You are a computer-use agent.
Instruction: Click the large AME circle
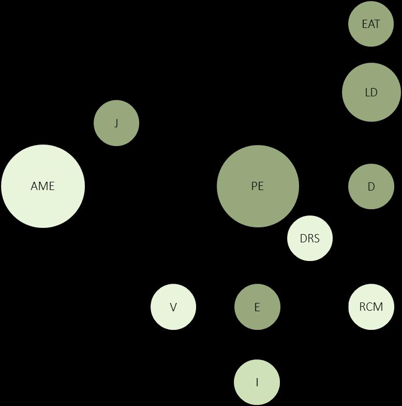coord(43,186)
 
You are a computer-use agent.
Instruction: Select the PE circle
coord(258,186)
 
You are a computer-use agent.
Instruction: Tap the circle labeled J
coord(116,123)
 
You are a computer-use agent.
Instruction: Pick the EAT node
coord(371,24)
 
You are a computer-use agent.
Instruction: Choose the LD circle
coord(371,92)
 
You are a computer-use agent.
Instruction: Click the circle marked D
coord(371,186)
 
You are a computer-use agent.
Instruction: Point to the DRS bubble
coord(310,238)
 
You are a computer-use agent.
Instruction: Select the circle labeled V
coord(173,307)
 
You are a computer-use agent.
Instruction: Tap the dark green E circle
coord(257,307)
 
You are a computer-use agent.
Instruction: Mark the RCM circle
coord(371,307)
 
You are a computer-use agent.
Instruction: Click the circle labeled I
coord(257,382)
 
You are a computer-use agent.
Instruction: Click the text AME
coord(42,186)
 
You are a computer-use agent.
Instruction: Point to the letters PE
coord(257,186)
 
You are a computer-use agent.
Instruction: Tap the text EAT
coord(371,24)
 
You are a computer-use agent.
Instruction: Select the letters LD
coord(371,93)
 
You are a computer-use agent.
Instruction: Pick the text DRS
coord(310,239)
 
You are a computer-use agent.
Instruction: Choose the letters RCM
coord(371,307)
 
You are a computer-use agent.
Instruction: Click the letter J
coord(116,123)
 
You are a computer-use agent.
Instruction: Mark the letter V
coord(173,307)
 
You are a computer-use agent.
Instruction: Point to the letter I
coord(257,383)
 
